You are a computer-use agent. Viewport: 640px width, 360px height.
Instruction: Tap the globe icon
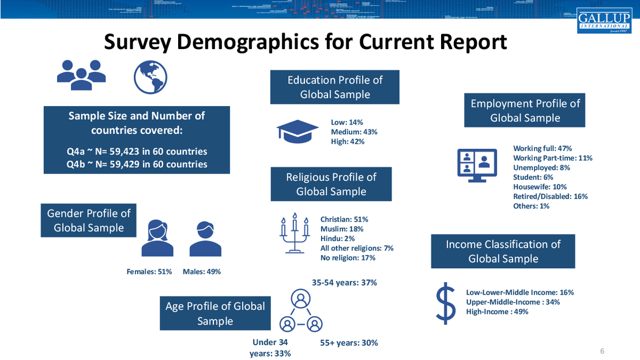click(x=150, y=77)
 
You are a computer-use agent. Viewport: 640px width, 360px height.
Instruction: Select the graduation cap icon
click(x=298, y=131)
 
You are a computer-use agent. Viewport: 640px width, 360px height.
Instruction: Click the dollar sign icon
click(x=446, y=303)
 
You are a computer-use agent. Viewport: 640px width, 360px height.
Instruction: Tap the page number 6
click(x=603, y=351)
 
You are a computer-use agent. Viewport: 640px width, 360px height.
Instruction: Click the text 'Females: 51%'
click(x=149, y=272)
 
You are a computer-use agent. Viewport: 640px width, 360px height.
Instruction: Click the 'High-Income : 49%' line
click(x=497, y=312)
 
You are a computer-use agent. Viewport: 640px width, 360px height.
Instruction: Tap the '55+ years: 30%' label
click(x=349, y=343)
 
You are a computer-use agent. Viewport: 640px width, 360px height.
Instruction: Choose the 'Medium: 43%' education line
click(x=354, y=132)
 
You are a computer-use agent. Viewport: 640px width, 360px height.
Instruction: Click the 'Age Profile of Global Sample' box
click(x=215, y=313)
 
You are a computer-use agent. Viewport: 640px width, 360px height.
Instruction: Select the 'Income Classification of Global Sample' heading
click(x=503, y=252)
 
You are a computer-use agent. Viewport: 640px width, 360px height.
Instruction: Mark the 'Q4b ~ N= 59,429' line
click(x=137, y=164)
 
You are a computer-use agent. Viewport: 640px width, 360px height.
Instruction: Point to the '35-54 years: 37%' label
click(x=344, y=283)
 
